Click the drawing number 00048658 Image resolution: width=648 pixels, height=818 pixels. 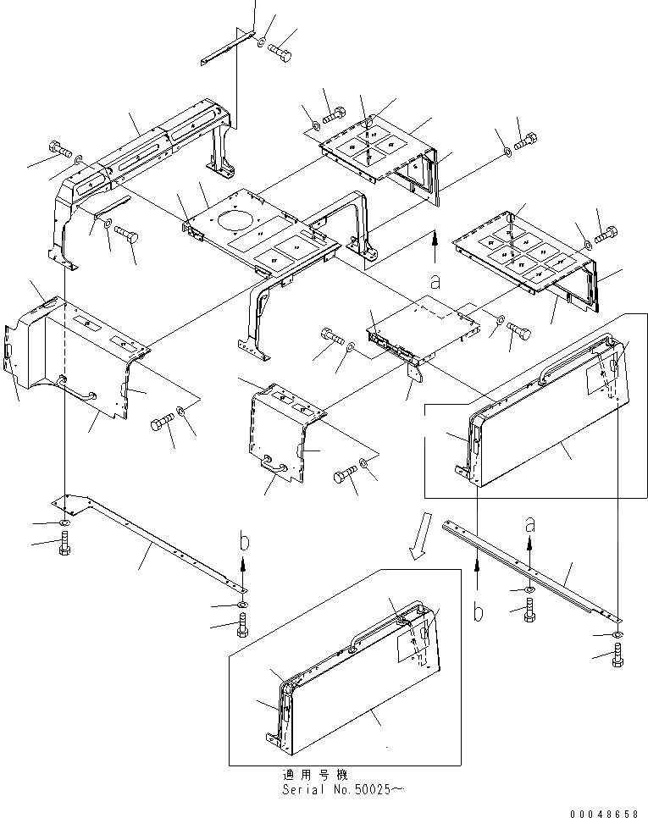(605, 811)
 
